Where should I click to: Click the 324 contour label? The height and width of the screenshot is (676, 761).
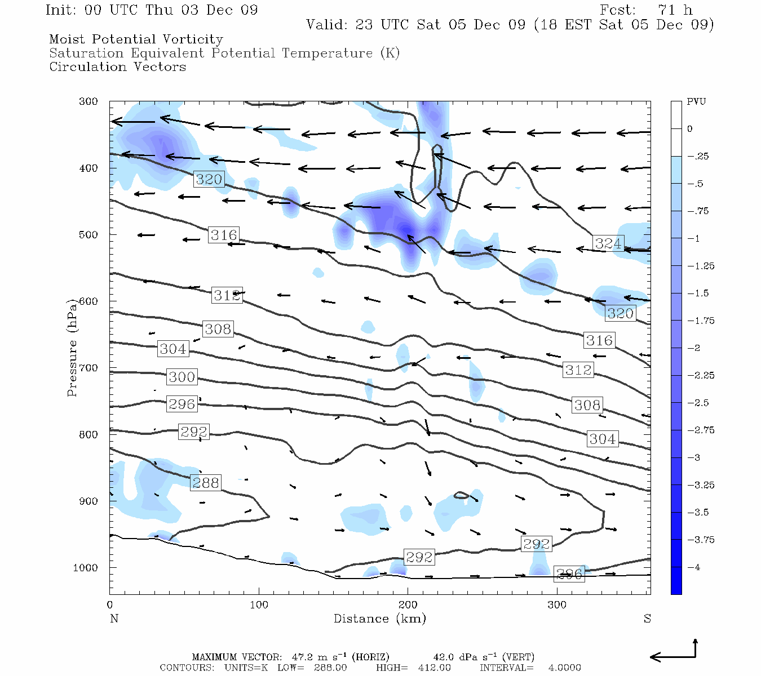click(608, 243)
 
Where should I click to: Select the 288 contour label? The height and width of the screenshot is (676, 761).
click(205, 483)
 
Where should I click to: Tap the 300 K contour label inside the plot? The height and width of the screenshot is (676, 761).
click(182, 377)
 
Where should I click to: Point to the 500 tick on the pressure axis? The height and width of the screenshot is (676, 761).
click(88, 234)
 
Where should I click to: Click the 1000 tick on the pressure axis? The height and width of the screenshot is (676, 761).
click(85, 568)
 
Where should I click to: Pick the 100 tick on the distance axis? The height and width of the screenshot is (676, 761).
click(259, 605)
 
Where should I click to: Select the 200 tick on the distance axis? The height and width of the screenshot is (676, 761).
click(408, 605)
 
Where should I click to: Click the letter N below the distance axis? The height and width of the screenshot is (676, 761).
click(114, 619)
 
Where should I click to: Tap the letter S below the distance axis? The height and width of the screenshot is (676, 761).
click(647, 619)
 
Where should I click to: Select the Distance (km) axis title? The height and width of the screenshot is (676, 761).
click(380, 619)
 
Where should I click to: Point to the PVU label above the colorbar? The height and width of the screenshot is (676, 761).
click(696, 102)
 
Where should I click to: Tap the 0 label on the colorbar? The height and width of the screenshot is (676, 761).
click(690, 129)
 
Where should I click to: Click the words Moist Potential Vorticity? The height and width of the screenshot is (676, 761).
click(136, 39)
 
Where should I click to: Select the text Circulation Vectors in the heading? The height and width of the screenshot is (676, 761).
click(117, 67)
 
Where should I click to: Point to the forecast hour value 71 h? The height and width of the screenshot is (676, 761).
click(675, 10)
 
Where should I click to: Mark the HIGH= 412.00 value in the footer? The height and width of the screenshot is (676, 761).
click(413, 668)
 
